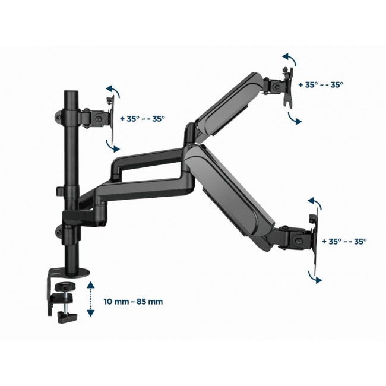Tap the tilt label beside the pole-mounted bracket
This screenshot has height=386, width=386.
coord(143,118)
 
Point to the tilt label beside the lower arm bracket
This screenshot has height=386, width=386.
coord(344,242)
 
